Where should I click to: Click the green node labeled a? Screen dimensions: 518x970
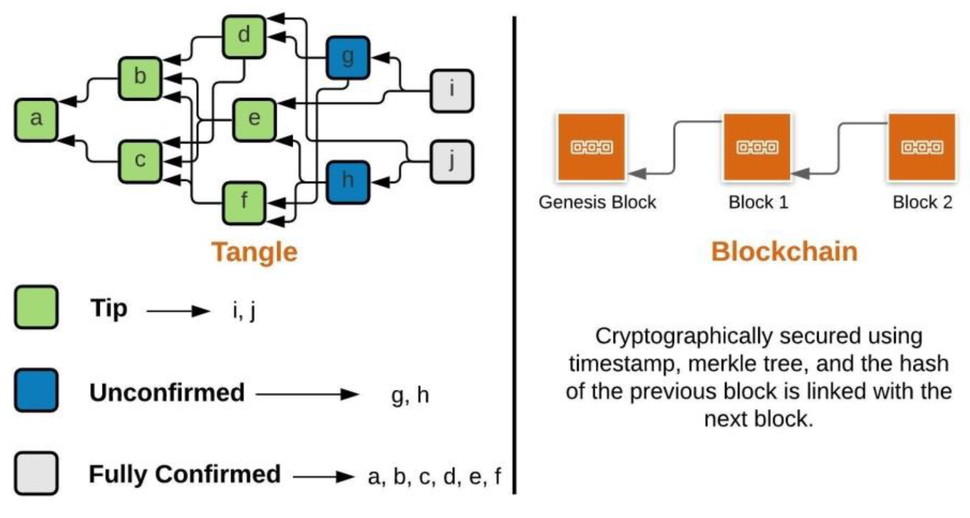click(x=36, y=120)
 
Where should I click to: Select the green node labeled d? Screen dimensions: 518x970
click(x=244, y=36)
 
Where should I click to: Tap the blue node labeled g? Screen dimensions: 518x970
click(x=348, y=58)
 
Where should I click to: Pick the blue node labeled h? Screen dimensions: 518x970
click(x=348, y=182)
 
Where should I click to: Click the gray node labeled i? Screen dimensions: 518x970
click(x=451, y=91)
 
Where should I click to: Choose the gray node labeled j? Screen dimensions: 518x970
click(x=451, y=161)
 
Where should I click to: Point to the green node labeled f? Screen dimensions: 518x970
click(x=244, y=202)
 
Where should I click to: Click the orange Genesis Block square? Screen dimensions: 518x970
click(x=591, y=147)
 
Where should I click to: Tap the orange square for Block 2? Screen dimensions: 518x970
click(x=922, y=147)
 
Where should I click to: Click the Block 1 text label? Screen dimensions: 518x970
click(x=758, y=202)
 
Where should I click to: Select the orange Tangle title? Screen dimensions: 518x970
click(x=254, y=252)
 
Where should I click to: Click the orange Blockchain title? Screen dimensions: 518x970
click(x=784, y=252)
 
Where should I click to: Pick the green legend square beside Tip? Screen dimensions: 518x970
click(x=36, y=307)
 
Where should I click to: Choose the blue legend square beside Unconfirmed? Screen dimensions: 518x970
click(x=36, y=390)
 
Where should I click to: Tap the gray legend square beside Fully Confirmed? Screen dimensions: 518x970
click(x=36, y=473)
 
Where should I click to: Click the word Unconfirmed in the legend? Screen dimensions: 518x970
click(x=167, y=392)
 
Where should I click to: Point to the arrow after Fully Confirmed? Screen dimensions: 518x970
click(x=323, y=477)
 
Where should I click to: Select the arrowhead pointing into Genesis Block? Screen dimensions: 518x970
click(x=638, y=173)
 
